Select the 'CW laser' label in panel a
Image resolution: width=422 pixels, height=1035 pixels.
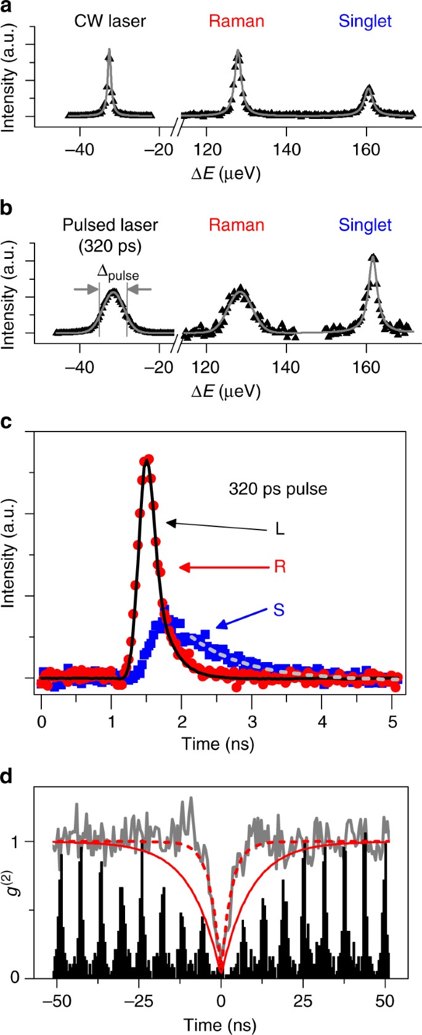point(110,21)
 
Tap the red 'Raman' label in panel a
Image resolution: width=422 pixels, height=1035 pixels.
point(237,21)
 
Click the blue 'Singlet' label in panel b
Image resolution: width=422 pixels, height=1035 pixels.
point(365,225)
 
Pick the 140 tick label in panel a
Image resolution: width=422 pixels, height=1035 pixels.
point(286,150)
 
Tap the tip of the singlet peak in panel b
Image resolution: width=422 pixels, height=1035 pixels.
point(372,255)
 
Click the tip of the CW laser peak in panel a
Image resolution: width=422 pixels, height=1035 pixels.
point(110,50)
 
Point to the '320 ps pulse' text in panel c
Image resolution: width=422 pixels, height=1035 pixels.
point(278,489)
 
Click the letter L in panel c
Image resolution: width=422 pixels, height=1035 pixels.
point(280,530)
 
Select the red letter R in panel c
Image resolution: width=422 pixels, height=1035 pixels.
point(280,567)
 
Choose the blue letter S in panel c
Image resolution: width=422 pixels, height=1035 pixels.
point(279,610)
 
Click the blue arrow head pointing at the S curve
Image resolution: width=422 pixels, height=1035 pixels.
point(217,628)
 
